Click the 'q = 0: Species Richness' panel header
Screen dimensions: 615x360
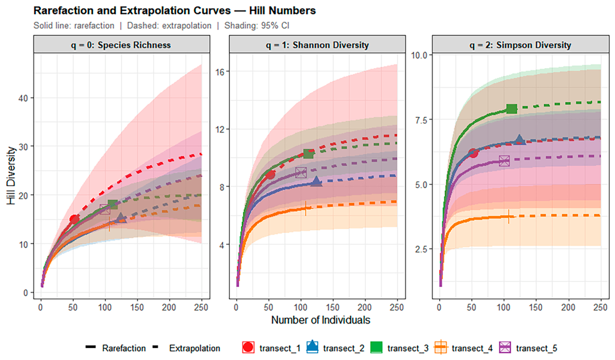click(122, 45)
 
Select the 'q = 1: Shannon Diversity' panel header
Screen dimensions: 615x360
click(317, 45)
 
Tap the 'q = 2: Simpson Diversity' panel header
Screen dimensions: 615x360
click(520, 45)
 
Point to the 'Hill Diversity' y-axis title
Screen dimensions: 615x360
click(11, 175)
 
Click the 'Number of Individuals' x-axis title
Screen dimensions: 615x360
click(321, 320)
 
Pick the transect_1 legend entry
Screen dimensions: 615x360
click(271, 348)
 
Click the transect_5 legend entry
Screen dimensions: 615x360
click(528, 348)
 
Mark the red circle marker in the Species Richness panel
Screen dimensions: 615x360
click(74, 219)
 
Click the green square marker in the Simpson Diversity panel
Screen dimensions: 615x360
click(511, 109)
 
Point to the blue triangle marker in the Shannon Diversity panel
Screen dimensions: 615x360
click(317, 181)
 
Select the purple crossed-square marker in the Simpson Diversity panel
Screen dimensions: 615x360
click(504, 161)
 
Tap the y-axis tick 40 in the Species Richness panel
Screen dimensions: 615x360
click(23, 98)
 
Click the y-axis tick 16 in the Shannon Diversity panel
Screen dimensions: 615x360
click(219, 72)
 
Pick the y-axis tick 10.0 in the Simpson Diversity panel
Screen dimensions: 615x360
click(419, 55)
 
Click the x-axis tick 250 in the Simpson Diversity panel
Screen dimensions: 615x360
click(600, 308)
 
